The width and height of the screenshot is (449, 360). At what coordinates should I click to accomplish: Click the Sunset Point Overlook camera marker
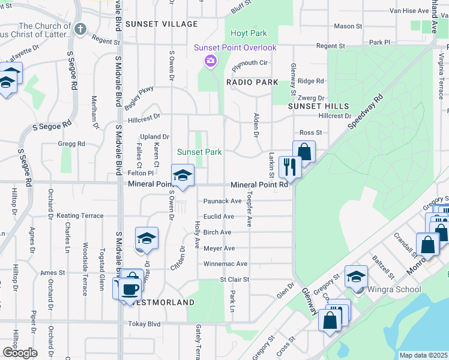point(210,60)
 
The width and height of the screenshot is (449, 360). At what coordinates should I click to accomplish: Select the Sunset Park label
point(199,152)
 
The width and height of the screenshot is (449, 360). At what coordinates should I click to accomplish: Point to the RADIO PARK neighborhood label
point(252,82)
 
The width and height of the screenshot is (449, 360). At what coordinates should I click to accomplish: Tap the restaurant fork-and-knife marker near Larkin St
point(289,167)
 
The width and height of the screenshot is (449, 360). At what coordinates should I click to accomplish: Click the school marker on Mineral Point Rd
point(182,175)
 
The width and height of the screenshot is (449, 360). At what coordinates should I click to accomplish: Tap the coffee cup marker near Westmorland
point(129,289)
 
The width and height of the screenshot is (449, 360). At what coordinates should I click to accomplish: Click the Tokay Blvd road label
point(145,324)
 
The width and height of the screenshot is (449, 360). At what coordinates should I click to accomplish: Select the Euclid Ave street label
point(218,217)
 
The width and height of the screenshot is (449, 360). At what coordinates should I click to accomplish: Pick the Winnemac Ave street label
point(225,263)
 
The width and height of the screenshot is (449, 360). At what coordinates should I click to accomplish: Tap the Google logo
point(20,352)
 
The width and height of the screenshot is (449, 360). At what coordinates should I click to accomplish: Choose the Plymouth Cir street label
point(250,62)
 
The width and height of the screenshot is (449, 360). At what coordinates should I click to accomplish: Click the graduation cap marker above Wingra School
point(356,275)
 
